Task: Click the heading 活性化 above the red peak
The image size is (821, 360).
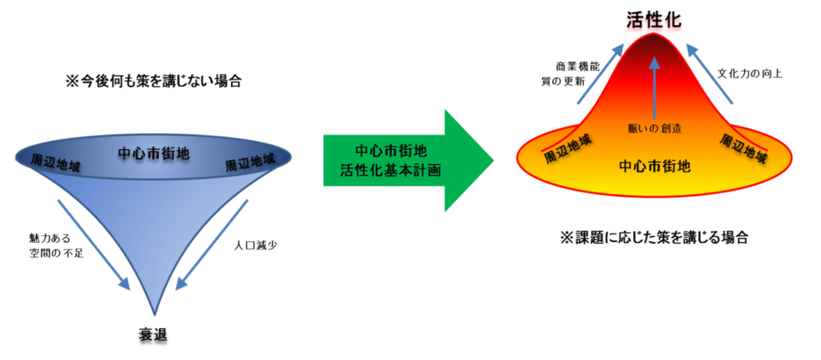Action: (654, 20)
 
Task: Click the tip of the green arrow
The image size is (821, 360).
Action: (493, 160)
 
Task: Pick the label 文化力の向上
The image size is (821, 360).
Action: (750, 74)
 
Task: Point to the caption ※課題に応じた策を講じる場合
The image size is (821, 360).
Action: (654, 237)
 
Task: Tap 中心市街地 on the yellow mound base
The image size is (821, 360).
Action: (654, 167)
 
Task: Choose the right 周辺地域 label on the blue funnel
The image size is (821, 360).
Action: (249, 163)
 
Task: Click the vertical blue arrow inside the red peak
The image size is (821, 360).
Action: (654, 88)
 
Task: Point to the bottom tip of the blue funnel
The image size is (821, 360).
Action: (155, 315)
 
